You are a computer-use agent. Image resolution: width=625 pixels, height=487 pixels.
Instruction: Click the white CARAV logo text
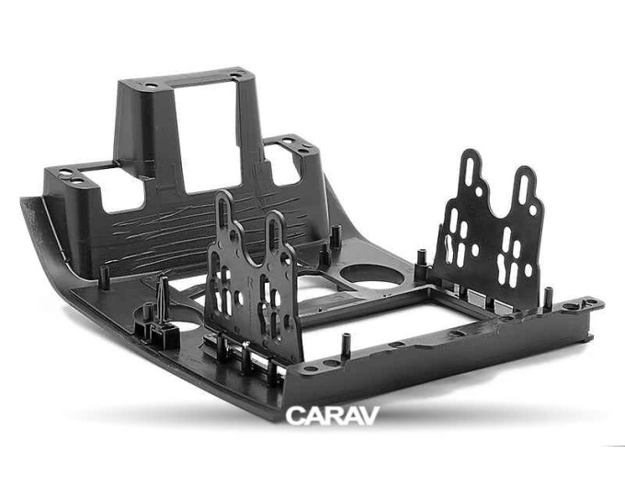click(332, 415)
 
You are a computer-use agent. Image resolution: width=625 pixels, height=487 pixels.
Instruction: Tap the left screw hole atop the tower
click(151, 85)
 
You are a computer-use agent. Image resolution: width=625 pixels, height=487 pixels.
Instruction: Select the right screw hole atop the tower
click(235, 75)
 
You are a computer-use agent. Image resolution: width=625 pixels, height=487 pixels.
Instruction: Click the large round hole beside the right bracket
click(371, 275)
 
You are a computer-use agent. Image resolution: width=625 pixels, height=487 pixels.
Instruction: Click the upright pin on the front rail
click(346, 345)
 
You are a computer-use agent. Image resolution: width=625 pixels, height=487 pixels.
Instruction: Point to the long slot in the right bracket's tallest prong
click(470, 171)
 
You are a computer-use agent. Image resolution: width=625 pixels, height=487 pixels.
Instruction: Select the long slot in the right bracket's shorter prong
click(523, 188)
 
